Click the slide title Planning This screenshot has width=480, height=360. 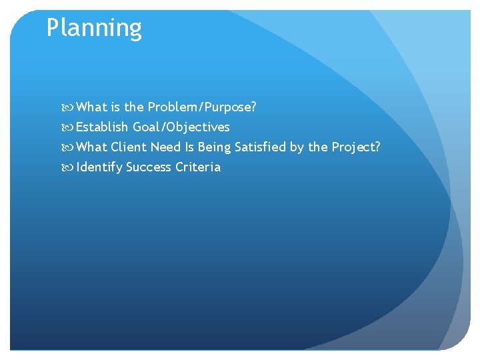pyautogui.click(x=94, y=29)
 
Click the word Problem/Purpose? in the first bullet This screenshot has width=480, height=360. pyautogui.click(x=202, y=107)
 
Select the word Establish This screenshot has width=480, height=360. pyautogui.click(x=103, y=127)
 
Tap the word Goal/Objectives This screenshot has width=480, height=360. pyautogui.click(x=181, y=127)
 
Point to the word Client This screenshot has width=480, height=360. pyautogui.click(x=129, y=147)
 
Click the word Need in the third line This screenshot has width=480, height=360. pyautogui.click(x=165, y=147)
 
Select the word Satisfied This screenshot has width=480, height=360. pyautogui.click(x=260, y=147)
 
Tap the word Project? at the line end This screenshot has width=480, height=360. pyautogui.click(x=356, y=147)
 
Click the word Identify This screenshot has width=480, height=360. pyautogui.click(x=100, y=167)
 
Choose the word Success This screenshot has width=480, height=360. pyautogui.click(x=149, y=167)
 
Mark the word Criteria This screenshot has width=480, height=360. pyautogui.click(x=198, y=167)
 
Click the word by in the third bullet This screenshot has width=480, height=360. pyautogui.click(x=297, y=147)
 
